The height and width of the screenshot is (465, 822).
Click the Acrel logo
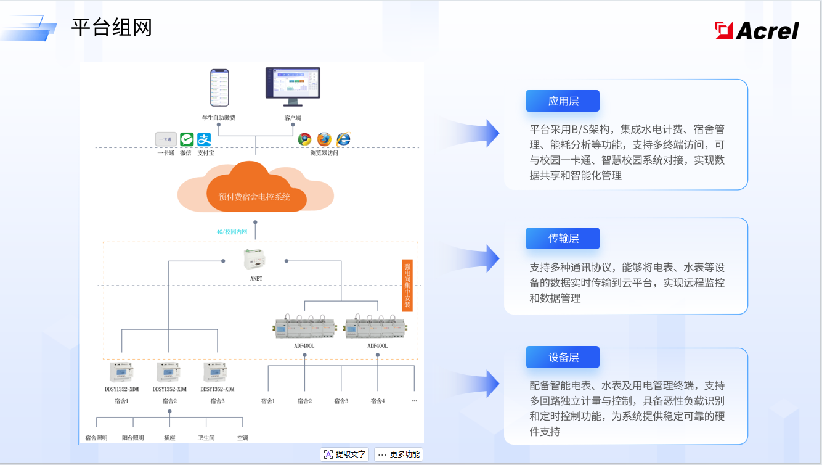pos(757,30)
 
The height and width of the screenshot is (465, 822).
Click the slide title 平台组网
pos(112,28)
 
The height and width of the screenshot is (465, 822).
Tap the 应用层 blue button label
pos(563,101)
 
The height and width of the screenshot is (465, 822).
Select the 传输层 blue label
pos(563,238)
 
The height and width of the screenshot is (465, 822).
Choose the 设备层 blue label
pos(563,358)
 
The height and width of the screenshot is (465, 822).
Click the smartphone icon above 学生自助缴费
pos(219,88)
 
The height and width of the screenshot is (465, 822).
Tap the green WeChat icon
pos(187,139)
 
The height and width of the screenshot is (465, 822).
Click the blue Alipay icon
pos(204,139)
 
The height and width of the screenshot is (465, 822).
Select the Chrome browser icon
pos(304,139)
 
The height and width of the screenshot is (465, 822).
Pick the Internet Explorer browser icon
pos(343,139)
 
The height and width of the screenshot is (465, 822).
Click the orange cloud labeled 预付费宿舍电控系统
pos(255,187)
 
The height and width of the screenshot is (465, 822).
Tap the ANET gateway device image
pos(255,260)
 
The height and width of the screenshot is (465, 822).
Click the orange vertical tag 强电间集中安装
pos(407,286)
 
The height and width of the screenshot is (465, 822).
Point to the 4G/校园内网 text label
pos(232,232)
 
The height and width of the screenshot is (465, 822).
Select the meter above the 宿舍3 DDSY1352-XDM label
pos(217,372)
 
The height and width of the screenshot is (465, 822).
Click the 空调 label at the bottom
pos(243,438)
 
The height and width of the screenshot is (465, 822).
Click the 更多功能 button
pos(399,455)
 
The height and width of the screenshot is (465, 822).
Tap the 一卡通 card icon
pos(166,139)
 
